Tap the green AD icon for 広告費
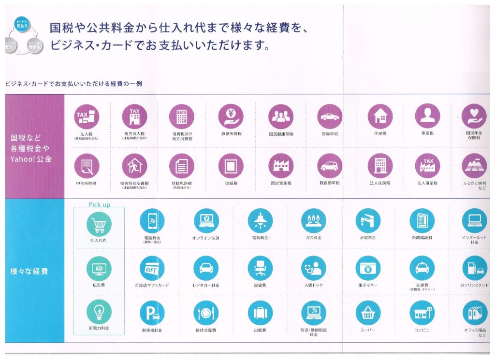click(99, 268)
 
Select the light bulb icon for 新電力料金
click(99, 312)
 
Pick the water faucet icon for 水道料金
click(368, 221)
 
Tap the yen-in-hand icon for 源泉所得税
click(231, 116)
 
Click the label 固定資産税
click(281, 183)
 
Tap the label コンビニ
click(422, 330)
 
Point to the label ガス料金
click(313, 238)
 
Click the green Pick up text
click(99, 204)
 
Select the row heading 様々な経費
click(29, 271)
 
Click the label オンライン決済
click(206, 238)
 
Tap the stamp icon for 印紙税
click(231, 166)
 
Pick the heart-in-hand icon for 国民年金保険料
click(474, 116)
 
